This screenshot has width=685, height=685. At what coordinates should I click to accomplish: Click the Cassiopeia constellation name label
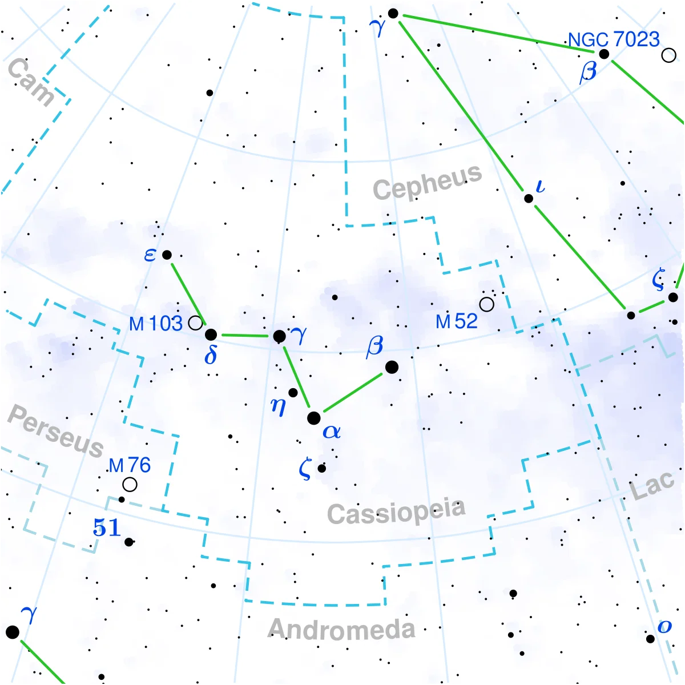[x=396, y=511]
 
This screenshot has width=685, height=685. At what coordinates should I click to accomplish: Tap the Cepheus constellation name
[x=427, y=182]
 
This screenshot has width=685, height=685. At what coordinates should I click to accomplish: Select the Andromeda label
[x=341, y=628]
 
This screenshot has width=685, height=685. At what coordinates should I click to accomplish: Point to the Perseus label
[x=55, y=430]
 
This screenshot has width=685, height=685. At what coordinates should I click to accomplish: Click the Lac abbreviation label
[x=652, y=486]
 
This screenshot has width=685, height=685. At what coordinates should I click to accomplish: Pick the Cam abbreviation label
[x=31, y=82]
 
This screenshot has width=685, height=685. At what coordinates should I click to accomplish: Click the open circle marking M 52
[x=487, y=305]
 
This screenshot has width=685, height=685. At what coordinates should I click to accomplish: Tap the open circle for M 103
[x=195, y=323]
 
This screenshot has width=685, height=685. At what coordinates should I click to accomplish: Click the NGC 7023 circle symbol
[x=669, y=55]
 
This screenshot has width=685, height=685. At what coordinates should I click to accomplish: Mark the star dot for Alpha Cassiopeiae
[x=314, y=418]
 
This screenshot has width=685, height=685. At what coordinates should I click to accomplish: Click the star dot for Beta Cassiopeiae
[x=392, y=367]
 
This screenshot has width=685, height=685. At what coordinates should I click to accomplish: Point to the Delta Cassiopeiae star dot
[x=211, y=335]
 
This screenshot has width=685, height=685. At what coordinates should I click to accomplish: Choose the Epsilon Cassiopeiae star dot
[x=167, y=255]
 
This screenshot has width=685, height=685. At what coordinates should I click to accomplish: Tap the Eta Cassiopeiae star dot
[x=293, y=393]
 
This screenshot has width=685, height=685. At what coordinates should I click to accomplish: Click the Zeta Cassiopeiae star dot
[x=322, y=469]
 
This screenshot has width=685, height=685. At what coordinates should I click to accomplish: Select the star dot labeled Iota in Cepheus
[x=529, y=199]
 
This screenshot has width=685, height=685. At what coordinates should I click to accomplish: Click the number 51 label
[x=107, y=527]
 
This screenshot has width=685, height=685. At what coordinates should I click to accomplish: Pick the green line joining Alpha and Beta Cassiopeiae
[x=353, y=393]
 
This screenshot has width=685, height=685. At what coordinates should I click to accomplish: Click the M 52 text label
[x=457, y=321]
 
